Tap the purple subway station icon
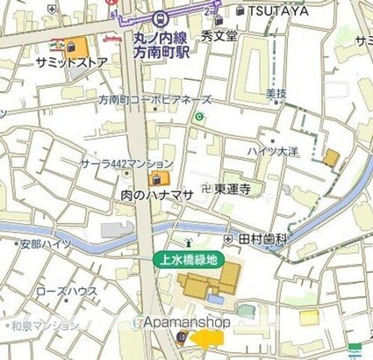pyautogui.click(x=160, y=18)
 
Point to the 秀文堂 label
pyautogui.click(x=219, y=36)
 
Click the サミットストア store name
pyautogui.click(x=72, y=63)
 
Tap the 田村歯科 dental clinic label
pyautogui.click(x=262, y=239)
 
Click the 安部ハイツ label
pyautogui.click(x=47, y=244)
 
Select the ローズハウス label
pyautogui.click(x=67, y=292)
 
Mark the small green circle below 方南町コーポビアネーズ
pyautogui.click(x=199, y=117)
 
